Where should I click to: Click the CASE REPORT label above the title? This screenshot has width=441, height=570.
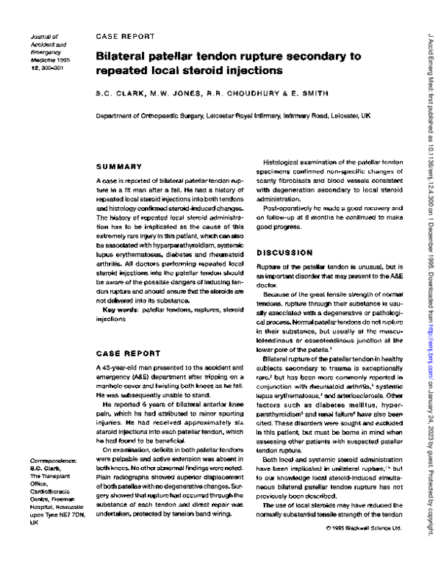[125, 35]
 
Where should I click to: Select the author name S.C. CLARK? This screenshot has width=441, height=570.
[118, 95]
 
